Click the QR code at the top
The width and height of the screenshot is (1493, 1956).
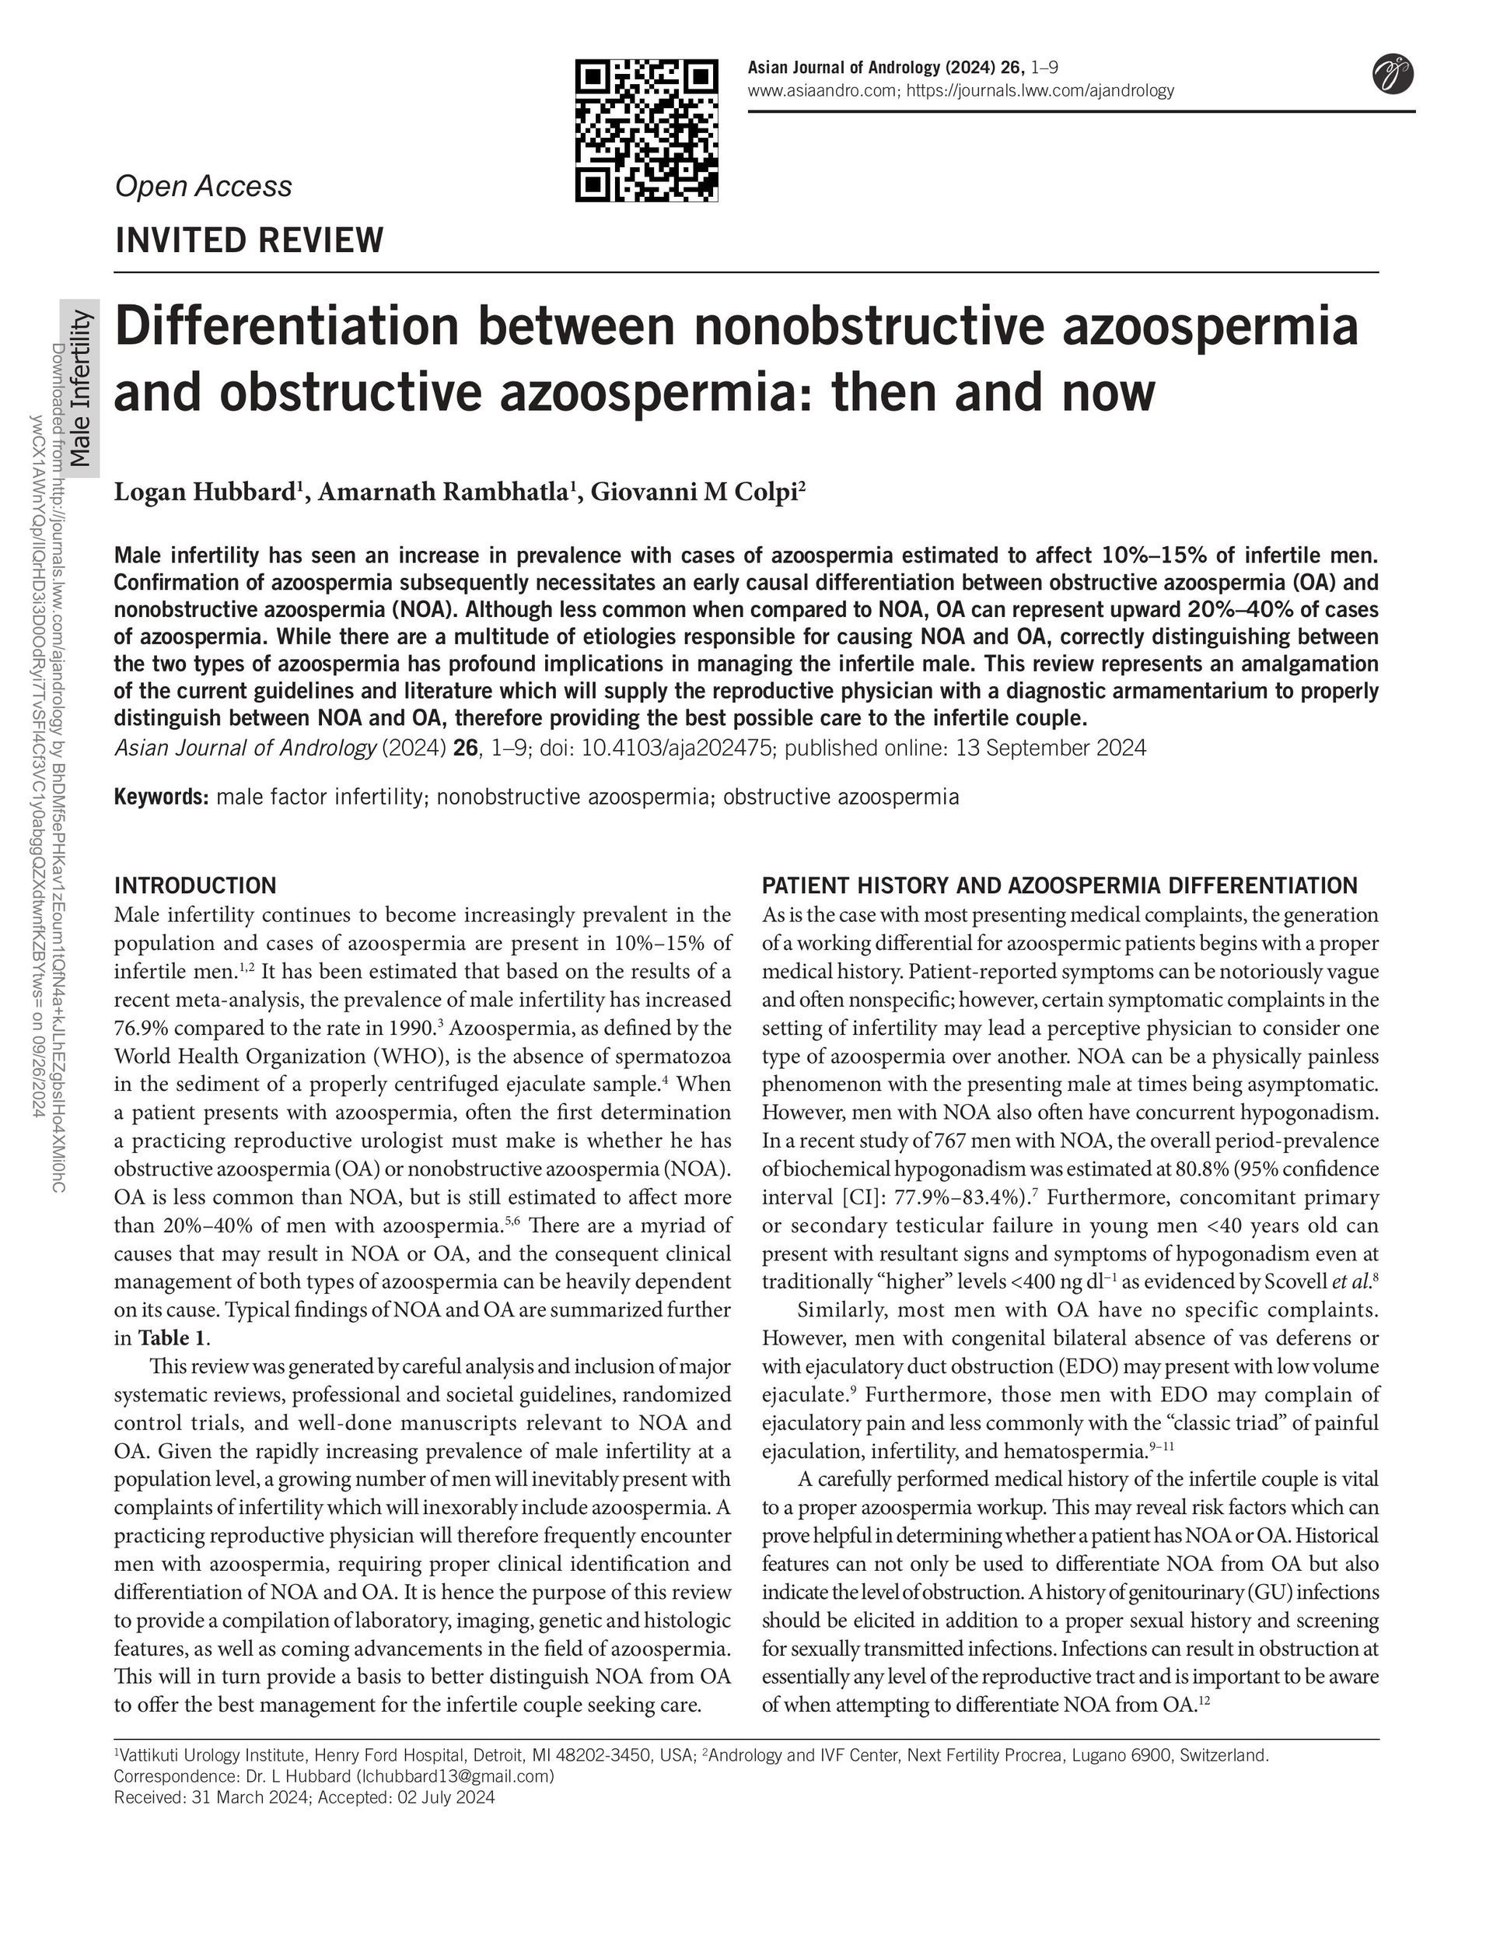pyautogui.click(x=646, y=130)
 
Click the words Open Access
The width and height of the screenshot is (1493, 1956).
pyautogui.click(x=204, y=186)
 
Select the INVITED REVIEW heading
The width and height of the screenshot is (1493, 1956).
pyautogui.click(x=250, y=240)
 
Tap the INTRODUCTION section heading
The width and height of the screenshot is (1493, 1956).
pyautogui.click(x=195, y=885)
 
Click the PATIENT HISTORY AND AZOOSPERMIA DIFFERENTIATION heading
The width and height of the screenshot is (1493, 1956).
pyautogui.click(x=1059, y=885)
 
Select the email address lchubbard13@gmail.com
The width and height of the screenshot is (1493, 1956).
pyautogui.click(x=455, y=1776)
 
